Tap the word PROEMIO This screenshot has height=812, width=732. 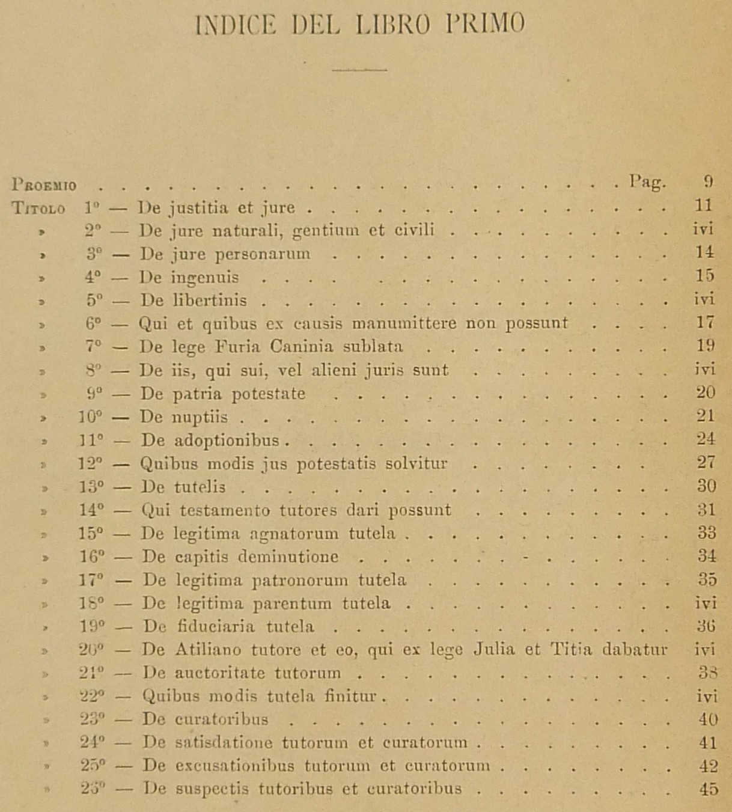(45, 185)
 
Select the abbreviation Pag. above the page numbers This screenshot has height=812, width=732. (647, 182)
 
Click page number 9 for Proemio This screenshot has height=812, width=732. (708, 182)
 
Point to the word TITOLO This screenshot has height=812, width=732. (38, 209)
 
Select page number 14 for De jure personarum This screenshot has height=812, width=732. (704, 252)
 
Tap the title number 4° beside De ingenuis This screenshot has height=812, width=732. (93, 277)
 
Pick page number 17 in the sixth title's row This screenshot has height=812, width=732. (705, 322)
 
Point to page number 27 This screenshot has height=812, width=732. (706, 462)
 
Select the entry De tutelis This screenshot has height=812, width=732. (183, 486)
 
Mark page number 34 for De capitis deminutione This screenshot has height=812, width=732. (706, 556)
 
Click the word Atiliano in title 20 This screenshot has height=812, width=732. (208, 650)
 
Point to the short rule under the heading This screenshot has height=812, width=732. (359, 70)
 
